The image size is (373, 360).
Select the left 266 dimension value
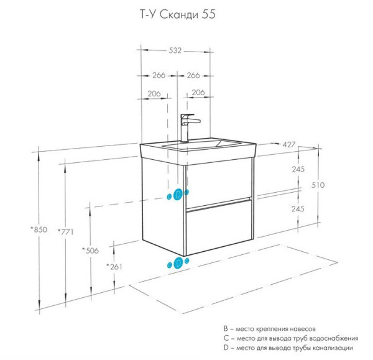point(159,75)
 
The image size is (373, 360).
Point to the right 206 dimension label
point(198,93)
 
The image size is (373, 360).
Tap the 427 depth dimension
point(289,144)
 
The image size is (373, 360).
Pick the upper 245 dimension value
point(297,168)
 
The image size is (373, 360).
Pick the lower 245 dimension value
point(297,209)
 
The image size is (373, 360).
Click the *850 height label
point(39,229)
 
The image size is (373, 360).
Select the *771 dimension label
point(65,232)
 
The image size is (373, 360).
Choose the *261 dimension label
point(114,267)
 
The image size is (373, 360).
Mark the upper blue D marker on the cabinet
point(178,195)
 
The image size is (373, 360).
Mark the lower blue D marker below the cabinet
point(178,264)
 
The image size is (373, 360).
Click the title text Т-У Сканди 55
point(177,14)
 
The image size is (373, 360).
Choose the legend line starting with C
point(290,338)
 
